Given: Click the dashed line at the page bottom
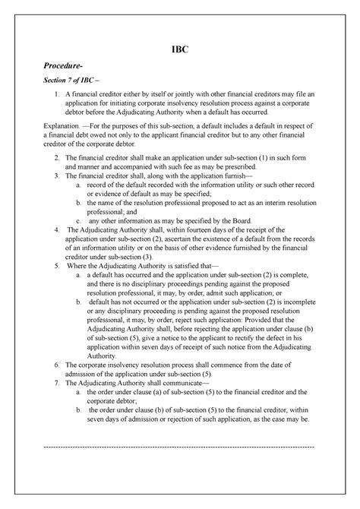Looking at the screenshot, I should (180, 446).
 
